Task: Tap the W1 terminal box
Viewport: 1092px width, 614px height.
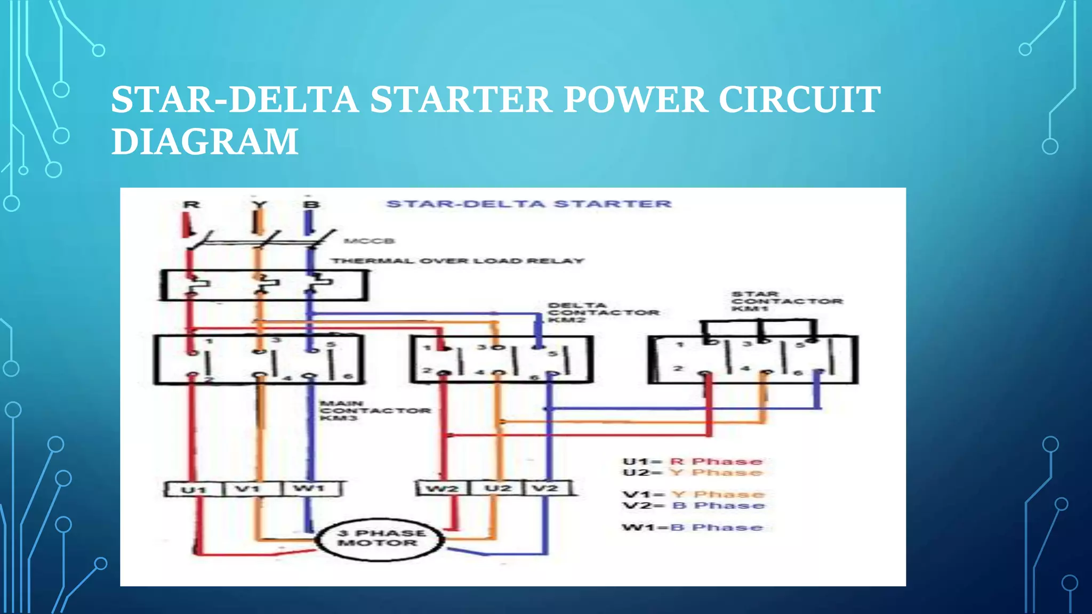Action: [310, 488]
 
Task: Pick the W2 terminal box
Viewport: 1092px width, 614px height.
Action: [441, 488]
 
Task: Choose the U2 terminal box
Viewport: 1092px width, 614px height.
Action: [497, 488]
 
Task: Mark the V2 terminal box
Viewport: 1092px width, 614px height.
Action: [547, 488]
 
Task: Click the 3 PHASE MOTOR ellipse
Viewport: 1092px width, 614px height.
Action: [379, 539]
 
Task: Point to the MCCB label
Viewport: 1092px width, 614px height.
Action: [369, 241]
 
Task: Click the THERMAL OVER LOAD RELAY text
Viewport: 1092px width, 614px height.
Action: [457, 261]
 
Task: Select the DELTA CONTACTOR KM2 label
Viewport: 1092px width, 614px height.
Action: [603, 312]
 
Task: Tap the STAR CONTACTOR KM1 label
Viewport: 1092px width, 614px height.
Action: [786, 301]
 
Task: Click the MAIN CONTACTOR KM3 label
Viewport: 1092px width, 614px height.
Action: [374, 410]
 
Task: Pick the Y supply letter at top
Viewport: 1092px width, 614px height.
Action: [259, 205]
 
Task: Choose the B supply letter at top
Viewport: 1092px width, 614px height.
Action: [311, 205]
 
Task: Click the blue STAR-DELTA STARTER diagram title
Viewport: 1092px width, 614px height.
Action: [528, 204]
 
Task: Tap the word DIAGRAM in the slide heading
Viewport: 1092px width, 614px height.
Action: [205, 141]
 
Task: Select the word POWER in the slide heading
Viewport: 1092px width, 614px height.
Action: [635, 100]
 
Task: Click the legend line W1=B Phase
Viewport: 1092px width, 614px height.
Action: [692, 528]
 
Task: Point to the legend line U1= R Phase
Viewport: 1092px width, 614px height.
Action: [692, 462]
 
